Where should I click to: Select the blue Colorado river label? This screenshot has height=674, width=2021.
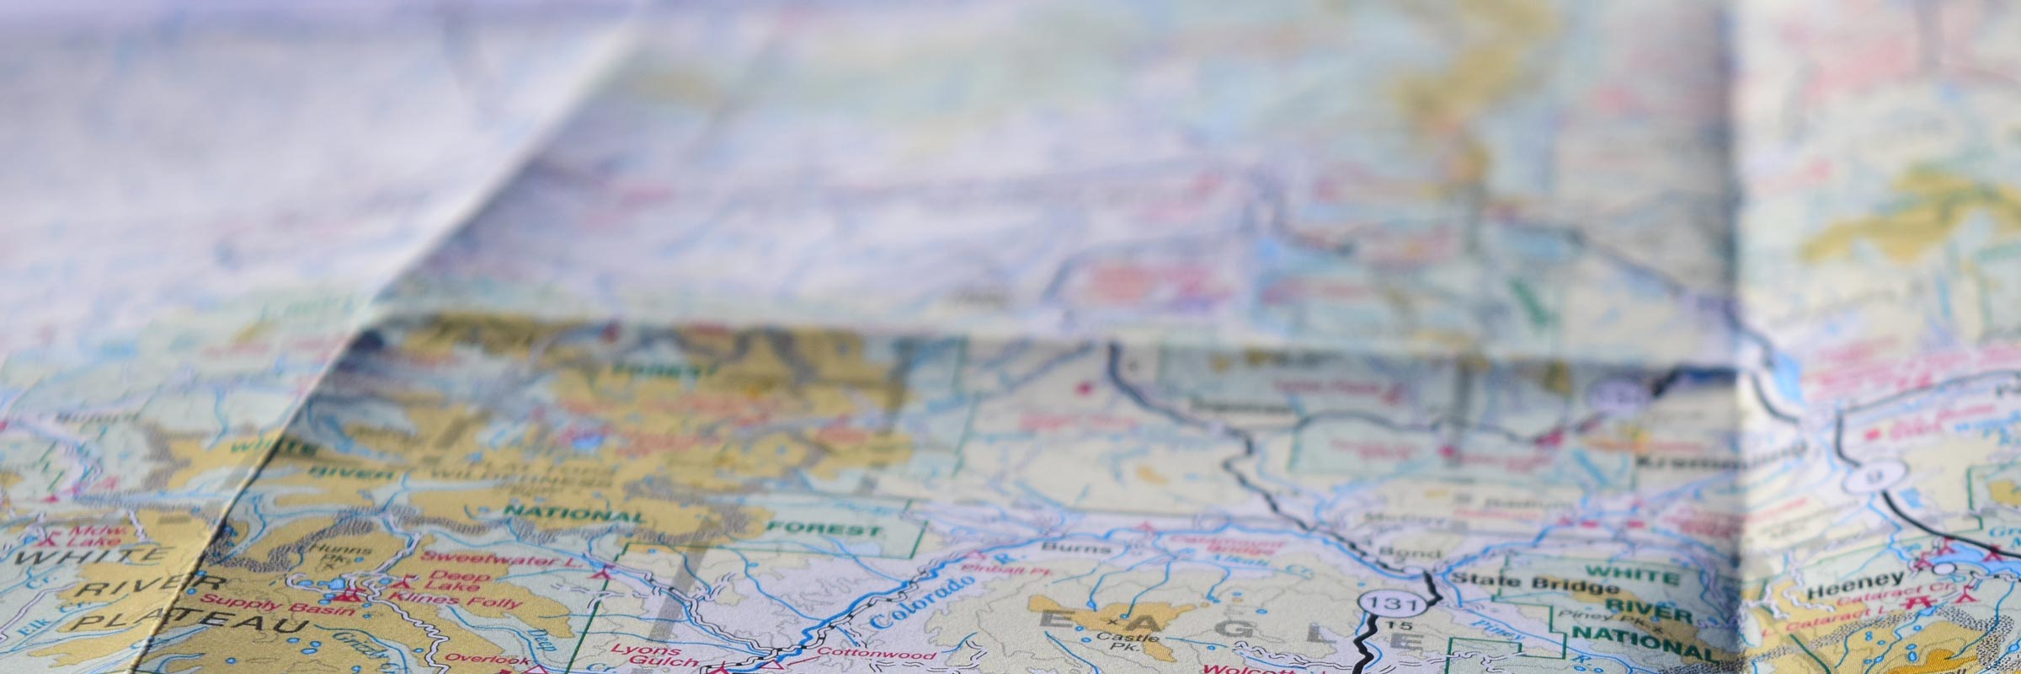click(916, 601)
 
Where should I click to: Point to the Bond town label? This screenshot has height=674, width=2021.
click(1398, 554)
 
